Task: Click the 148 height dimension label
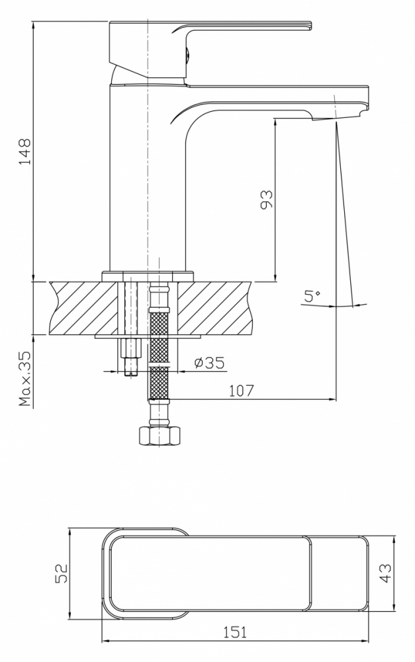click(x=25, y=151)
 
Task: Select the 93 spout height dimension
click(x=266, y=199)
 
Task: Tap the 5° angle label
click(x=312, y=296)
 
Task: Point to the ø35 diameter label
click(x=209, y=363)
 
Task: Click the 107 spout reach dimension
click(x=242, y=391)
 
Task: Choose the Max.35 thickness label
click(x=26, y=379)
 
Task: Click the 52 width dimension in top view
click(x=62, y=573)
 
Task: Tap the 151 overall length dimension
click(x=235, y=632)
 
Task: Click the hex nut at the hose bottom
click(x=160, y=436)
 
